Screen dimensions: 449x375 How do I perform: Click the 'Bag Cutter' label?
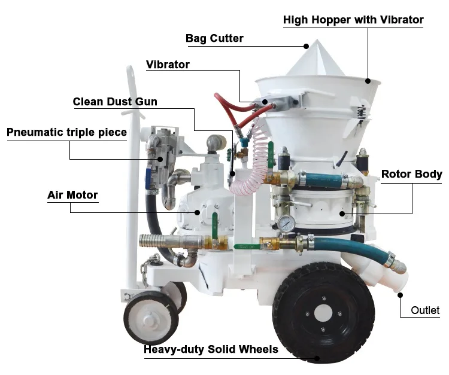(214, 39)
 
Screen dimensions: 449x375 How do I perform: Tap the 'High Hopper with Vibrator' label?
(353, 20)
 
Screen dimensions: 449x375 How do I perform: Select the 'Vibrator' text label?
(168, 65)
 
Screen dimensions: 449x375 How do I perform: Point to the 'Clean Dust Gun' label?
(115, 102)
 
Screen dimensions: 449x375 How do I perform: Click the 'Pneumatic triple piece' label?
(66, 132)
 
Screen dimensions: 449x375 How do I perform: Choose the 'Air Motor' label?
(72, 195)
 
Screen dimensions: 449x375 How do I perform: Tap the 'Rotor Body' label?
(411, 175)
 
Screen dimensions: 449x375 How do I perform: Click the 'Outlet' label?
(425, 310)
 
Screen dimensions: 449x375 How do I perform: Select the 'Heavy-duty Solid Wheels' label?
(211, 349)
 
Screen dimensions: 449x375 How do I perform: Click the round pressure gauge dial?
(286, 223)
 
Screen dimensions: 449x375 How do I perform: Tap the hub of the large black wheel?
(323, 312)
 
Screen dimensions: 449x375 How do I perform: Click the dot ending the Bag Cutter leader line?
(306, 45)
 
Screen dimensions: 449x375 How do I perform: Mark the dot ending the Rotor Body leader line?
(342, 213)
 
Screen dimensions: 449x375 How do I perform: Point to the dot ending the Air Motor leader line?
(198, 212)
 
